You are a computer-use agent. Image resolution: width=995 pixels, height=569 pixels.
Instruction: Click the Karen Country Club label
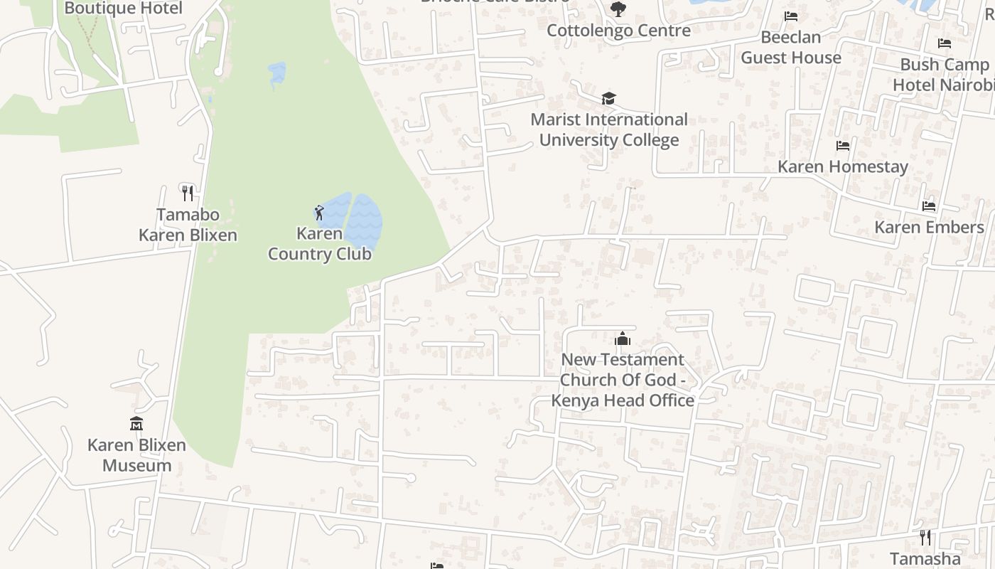pos(319,243)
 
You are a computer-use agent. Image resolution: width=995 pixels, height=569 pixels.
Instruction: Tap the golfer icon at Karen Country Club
pos(319,212)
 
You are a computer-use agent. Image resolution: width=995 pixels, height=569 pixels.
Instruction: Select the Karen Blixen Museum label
pos(136,455)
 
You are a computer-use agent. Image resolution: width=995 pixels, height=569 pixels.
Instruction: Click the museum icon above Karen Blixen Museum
pos(136,424)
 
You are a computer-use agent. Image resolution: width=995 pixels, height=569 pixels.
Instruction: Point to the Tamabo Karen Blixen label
pos(188,225)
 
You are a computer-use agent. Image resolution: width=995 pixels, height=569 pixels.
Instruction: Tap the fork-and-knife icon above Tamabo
pos(188,193)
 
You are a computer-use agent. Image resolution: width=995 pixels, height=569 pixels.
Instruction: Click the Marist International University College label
pos(609,129)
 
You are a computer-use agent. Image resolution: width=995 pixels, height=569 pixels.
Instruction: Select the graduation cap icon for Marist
pos(608,98)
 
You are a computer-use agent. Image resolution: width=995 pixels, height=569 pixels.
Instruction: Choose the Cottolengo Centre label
pos(618,31)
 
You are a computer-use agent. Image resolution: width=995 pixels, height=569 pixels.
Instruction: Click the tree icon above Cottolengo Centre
pos(618,9)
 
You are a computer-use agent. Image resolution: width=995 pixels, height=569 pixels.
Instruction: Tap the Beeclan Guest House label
pos(791,47)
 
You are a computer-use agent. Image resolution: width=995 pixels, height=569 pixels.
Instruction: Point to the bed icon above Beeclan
pos(791,16)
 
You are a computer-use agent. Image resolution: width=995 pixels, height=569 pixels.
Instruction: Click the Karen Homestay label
pos(843,166)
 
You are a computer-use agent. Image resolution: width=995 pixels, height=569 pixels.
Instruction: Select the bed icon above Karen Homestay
pos(843,146)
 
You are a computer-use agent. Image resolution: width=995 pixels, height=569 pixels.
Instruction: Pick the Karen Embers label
pos(929,227)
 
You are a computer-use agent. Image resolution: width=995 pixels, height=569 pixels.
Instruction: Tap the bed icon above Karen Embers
pos(929,206)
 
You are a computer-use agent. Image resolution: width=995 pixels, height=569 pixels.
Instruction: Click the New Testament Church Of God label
pos(623,380)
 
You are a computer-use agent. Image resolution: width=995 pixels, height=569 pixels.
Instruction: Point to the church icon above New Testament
pos(623,339)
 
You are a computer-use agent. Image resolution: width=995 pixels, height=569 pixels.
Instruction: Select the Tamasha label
pos(925,558)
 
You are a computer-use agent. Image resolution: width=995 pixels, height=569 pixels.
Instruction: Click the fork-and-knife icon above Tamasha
pos(925,537)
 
